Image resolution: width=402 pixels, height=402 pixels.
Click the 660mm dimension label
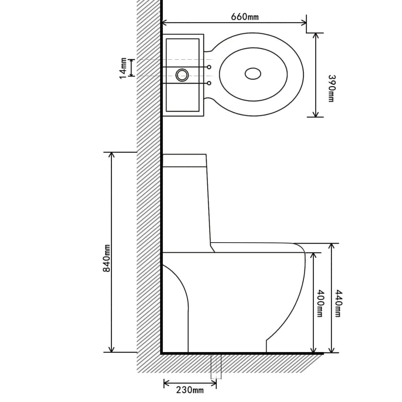245,16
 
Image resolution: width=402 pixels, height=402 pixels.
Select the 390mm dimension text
331,88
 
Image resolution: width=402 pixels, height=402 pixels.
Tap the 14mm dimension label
123,68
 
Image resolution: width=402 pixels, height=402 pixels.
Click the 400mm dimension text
320,303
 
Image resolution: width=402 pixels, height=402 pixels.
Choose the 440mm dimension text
338,303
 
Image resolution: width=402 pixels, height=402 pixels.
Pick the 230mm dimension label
190,390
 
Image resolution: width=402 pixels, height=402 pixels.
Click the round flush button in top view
182,75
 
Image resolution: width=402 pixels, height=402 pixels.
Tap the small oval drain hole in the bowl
253,73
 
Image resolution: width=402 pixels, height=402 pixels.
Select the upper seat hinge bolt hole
209,67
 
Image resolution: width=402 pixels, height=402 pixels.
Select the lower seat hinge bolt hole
209,83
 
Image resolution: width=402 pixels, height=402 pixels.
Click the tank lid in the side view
185,160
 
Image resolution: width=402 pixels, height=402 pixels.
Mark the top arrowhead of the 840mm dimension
111,154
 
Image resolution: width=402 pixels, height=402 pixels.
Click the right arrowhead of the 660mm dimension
304,22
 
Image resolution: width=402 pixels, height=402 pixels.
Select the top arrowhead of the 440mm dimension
332,246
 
